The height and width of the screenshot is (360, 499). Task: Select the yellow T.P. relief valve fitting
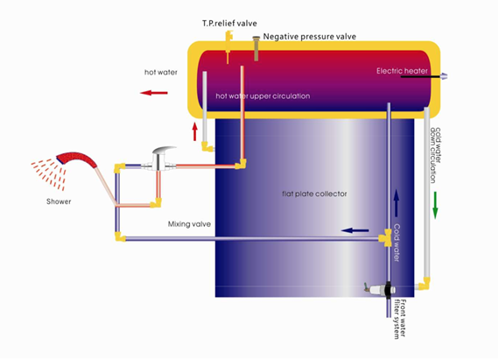(228, 39)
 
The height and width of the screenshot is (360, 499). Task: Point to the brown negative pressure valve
(257, 48)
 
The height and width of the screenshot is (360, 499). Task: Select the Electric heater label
(401, 70)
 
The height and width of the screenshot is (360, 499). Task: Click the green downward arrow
(435, 202)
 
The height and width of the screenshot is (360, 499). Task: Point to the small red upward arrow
(194, 132)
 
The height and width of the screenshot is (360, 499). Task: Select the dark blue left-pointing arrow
(354, 231)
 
